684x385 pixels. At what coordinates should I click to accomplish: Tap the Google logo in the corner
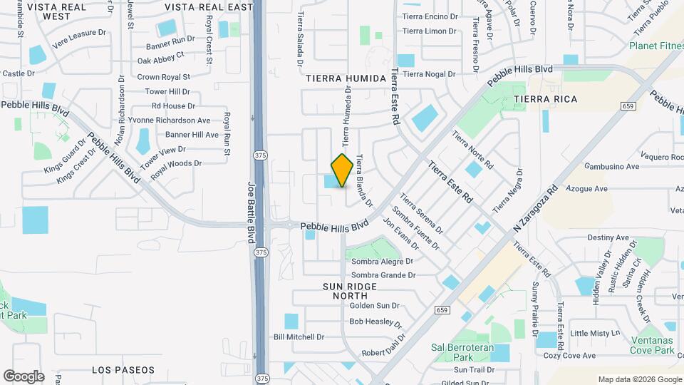tap(23, 376)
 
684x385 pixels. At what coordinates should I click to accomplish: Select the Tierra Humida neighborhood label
tap(346, 78)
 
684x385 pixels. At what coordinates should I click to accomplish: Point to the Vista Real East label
tap(208, 7)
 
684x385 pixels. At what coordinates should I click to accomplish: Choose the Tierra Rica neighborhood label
tap(545, 98)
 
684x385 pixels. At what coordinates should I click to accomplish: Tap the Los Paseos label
tap(123, 370)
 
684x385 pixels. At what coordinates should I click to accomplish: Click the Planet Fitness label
tap(655, 46)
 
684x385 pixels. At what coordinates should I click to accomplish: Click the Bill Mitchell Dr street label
tap(299, 337)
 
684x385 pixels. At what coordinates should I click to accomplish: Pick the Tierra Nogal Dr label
tap(429, 74)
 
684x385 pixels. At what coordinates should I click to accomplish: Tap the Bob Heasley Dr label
tap(371, 322)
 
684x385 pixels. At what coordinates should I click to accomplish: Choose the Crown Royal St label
tap(164, 77)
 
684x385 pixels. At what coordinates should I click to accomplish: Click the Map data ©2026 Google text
tap(639, 379)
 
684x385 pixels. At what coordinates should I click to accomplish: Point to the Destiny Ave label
tap(608, 237)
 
